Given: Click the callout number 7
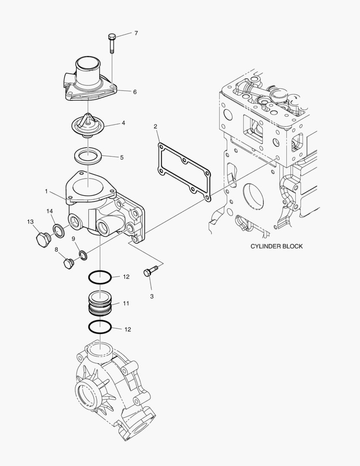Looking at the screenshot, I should [136, 33].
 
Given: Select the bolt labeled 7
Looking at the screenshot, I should [112, 42].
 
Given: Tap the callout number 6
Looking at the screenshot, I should [135, 92].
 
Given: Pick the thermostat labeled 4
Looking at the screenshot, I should [88, 126].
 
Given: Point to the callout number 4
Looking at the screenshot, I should [123, 123].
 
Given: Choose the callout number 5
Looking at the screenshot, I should [122, 157].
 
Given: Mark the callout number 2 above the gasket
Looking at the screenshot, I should [156, 126].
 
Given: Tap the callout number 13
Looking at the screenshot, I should [30, 222].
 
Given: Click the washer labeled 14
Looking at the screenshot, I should [59, 231].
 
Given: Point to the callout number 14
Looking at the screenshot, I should [50, 211].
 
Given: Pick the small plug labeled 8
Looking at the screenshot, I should [68, 262].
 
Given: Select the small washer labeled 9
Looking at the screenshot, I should [83, 255].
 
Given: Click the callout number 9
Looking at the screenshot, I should [73, 239].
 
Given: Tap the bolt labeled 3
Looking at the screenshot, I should [150, 271].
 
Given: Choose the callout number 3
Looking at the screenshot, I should [152, 296].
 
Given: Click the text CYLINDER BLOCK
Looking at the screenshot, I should [276, 246].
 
